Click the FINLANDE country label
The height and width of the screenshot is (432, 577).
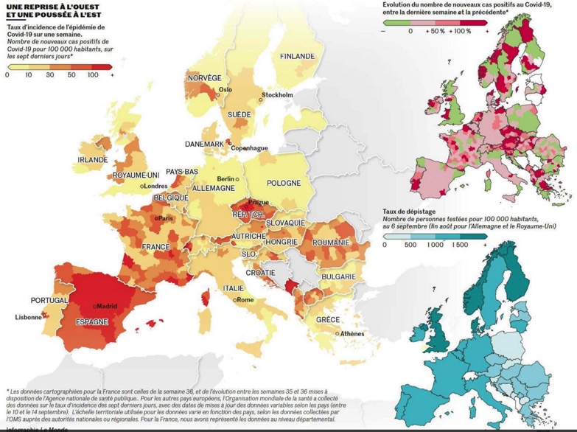[297, 56]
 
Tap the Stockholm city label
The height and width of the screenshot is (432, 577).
[278, 95]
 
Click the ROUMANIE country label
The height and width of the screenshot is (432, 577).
[329, 243]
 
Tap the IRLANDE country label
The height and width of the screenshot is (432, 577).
[93, 159]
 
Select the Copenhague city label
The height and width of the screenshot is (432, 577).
[249, 148]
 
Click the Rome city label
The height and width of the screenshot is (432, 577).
[245, 300]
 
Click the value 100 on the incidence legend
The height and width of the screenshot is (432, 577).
[93, 75]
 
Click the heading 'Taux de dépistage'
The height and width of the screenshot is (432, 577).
[408, 211]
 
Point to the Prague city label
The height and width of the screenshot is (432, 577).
[259, 202]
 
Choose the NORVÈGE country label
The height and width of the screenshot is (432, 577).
[204, 78]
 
